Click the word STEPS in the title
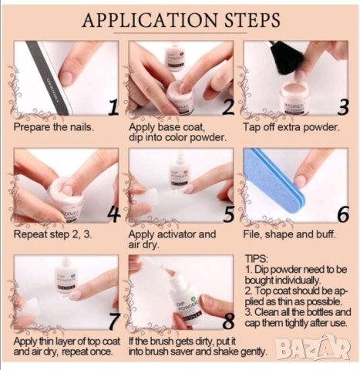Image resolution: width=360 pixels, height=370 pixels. pyautogui.click(x=252, y=20)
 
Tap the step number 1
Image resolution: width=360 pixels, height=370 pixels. pyautogui.click(x=113, y=108)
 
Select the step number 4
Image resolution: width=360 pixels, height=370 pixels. pyautogui.click(x=114, y=214)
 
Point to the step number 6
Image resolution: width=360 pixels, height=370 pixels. pyautogui.click(x=343, y=214)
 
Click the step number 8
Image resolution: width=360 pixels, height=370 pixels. pyautogui.click(x=228, y=321)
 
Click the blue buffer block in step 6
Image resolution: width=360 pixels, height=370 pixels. pyautogui.click(x=274, y=180)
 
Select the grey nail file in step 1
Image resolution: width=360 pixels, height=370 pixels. pyautogui.click(x=49, y=78)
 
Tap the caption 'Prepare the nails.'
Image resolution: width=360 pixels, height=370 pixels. pyautogui.click(x=54, y=127)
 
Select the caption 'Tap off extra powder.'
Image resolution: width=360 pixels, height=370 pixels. pyautogui.click(x=291, y=127)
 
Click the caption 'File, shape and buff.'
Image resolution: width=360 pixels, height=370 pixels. pyautogui.click(x=289, y=234)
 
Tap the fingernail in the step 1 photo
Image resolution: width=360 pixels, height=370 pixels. pyautogui.click(x=66, y=78)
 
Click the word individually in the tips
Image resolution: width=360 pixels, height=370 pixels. pyautogui.click(x=294, y=280)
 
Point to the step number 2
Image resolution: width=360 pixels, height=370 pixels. pyautogui.click(x=228, y=108)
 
